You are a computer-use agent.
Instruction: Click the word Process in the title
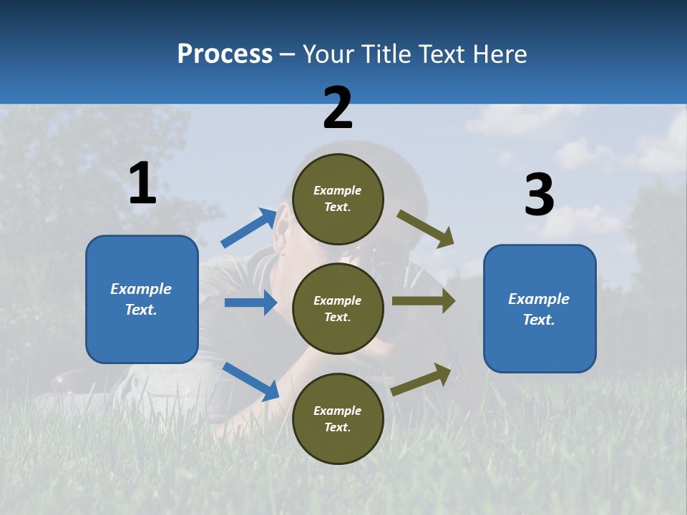(225, 54)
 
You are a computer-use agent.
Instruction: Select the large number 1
(142, 184)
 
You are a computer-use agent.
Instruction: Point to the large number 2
(338, 108)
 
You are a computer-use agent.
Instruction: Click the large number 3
(539, 195)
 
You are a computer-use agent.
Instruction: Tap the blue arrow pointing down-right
(250, 381)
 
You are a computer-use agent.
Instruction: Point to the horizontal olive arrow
(424, 301)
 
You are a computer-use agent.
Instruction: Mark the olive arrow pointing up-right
(422, 379)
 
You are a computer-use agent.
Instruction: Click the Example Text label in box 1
(141, 299)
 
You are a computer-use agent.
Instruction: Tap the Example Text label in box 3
(539, 309)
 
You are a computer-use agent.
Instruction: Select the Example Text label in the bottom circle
(338, 418)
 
